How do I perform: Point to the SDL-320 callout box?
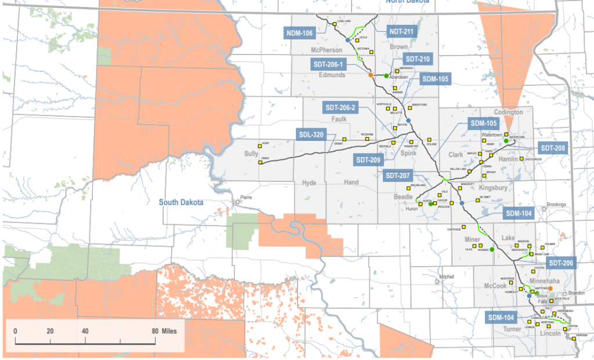(x=312, y=135)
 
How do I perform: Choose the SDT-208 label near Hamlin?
(x=553, y=148)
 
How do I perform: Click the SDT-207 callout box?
(x=399, y=175)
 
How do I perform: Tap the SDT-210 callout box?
(x=418, y=59)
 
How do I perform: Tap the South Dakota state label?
(x=182, y=202)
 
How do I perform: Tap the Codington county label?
(x=508, y=112)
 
